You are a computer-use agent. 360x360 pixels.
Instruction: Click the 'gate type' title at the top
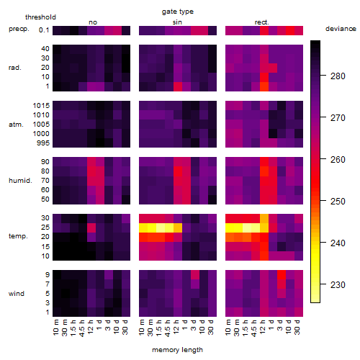coord(178,12)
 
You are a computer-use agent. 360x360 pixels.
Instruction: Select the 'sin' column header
coord(177,22)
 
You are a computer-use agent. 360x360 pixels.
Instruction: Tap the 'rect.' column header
coord(261,22)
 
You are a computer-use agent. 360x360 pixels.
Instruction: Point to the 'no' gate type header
coord(93,22)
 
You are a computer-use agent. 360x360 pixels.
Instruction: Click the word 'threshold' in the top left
coord(40,17)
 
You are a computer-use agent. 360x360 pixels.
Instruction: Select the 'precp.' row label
coord(19,29)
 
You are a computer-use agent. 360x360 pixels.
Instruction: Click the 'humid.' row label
coord(20,180)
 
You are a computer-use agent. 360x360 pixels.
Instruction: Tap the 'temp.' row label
coord(18,236)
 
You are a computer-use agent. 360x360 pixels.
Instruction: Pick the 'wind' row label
coord(17,294)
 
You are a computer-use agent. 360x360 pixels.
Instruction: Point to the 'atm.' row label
coord(16,125)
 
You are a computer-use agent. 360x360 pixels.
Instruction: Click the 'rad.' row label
coord(15,68)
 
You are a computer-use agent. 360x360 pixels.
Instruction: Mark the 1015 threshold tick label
coord(41,106)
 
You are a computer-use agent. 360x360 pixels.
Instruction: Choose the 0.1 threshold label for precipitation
coord(44,30)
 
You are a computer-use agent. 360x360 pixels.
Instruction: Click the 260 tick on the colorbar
coord(338,159)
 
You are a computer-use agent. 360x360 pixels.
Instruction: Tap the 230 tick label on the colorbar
coord(338,284)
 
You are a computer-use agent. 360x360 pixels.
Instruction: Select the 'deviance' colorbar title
coord(341,29)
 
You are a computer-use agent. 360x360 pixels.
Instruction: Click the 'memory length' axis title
coord(177,350)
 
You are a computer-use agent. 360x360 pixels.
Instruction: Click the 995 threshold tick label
coord(43,143)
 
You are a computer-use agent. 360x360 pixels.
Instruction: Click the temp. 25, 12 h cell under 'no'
coord(91,228)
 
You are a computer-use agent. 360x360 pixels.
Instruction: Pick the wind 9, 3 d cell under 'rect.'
coord(282,274)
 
